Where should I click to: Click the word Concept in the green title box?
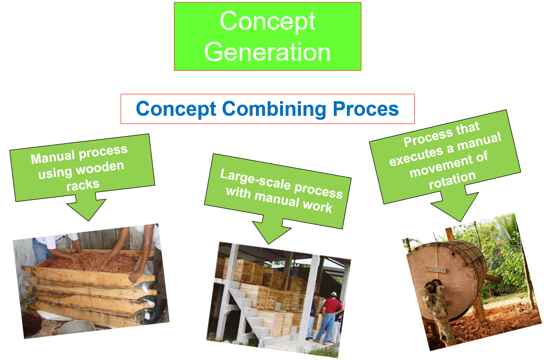[267, 20]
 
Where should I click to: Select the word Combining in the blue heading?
[271, 109]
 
